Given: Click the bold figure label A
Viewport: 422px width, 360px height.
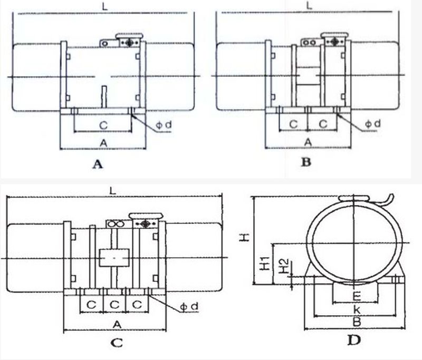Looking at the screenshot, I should click(97, 164).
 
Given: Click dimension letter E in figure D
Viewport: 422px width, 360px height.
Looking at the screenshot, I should click(356, 295).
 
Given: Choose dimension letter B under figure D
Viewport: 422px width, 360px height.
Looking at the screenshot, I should click(356, 320).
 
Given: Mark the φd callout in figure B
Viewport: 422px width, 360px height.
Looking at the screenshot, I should click(372, 123).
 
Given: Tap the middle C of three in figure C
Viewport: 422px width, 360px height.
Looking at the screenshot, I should click(114, 304).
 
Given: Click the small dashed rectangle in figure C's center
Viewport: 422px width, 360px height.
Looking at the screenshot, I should click(114, 258).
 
